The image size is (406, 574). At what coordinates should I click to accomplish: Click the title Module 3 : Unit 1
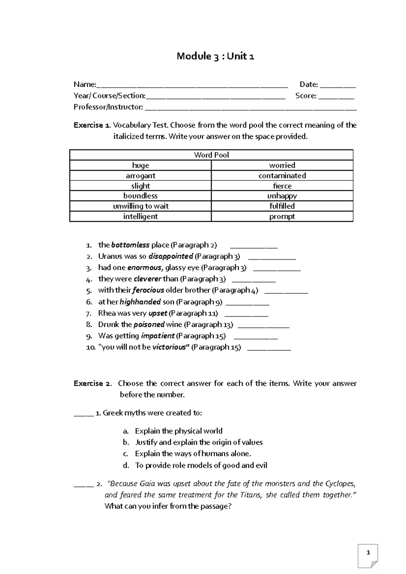click(x=215, y=56)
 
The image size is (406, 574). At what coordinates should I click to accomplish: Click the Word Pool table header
click(x=211, y=155)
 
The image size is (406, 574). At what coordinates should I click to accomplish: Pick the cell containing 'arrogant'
click(x=140, y=175)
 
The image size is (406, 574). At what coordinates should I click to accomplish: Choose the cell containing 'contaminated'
click(x=282, y=175)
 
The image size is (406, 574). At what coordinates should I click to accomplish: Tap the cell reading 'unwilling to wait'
click(x=140, y=206)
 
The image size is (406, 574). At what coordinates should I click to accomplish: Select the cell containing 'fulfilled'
click(x=282, y=206)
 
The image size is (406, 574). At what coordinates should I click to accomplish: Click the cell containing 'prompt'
click(x=282, y=216)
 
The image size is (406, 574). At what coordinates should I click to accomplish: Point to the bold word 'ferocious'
click(x=148, y=290)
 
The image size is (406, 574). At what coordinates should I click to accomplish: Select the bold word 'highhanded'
click(x=140, y=302)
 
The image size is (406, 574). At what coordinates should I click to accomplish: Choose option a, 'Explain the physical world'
click(x=178, y=431)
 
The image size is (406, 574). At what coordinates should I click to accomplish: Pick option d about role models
click(x=201, y=465)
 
